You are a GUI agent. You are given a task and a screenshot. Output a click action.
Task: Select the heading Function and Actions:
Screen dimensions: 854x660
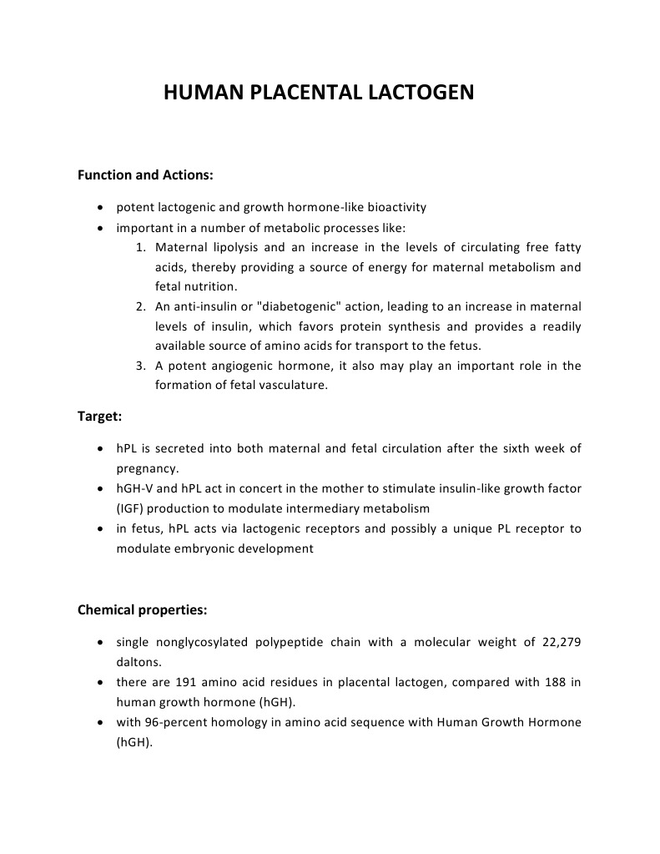(145, 175)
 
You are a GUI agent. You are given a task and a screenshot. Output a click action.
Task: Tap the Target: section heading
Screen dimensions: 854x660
(100, 417)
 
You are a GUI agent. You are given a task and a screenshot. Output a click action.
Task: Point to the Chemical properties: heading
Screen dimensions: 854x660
(142, 609)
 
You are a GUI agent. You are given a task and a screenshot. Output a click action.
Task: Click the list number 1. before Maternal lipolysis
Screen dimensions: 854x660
(141, 248)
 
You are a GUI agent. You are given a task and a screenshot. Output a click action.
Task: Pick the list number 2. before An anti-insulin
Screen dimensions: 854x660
(141, 307)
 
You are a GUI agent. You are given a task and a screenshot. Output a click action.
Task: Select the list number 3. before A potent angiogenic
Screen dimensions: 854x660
(141, 366)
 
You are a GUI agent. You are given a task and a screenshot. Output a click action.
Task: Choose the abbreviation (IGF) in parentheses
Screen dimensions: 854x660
(130, 508)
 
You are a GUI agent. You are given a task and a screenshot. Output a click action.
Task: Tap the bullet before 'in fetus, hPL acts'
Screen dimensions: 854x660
(100, 529)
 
